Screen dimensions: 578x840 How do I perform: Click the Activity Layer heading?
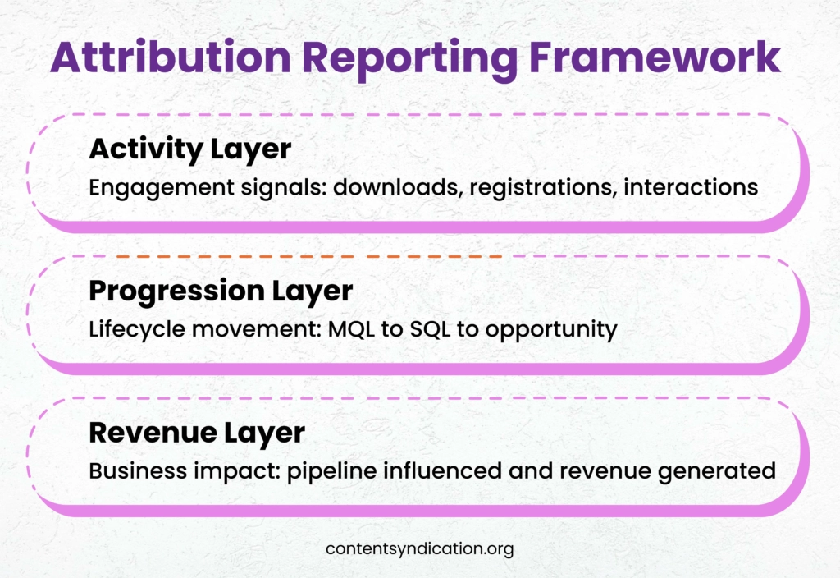pyautogui.click(x=189, y=149)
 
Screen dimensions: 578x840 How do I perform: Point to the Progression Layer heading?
pyautogui.click(x=221, y=291)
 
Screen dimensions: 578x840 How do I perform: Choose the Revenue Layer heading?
pyautogui.click(x=197, y=433)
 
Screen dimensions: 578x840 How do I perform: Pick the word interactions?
pyautogui.click(x=690, y=187)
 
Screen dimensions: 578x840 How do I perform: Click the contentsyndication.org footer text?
pyautogui.click(x=419, y=549)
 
